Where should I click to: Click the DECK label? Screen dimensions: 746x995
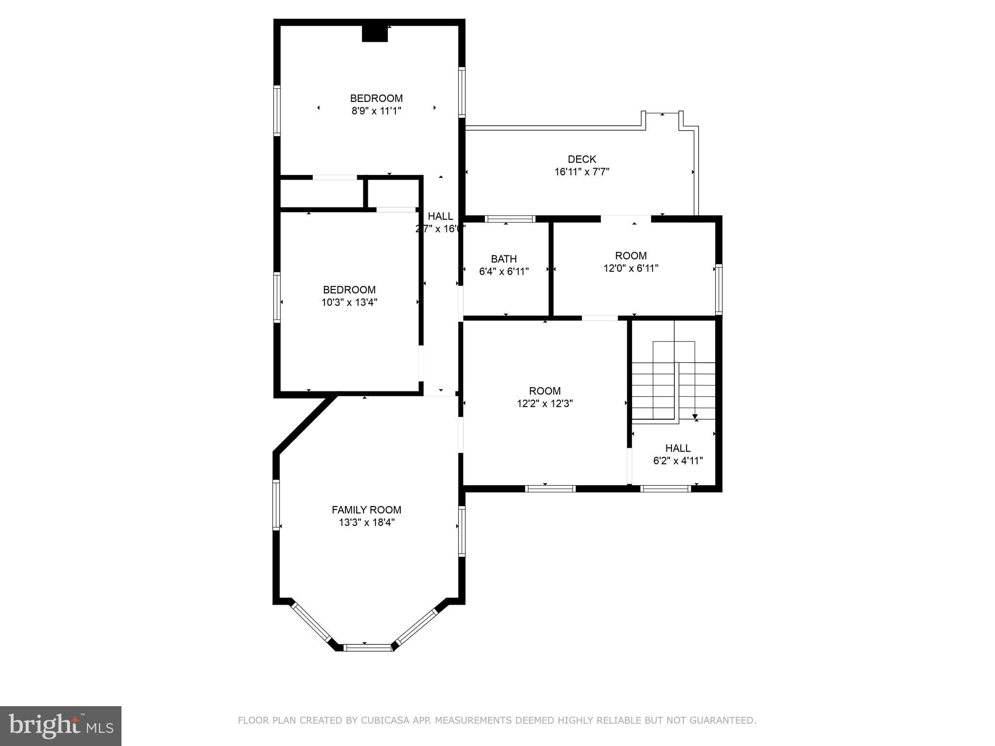tap(582, 159)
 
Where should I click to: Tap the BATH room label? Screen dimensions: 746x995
tap(503, 259)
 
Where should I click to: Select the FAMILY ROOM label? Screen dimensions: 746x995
tap(366, 510)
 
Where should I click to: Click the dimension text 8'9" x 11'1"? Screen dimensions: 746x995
tap(376, 111)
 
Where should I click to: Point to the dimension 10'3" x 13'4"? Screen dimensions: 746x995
tap(349, 303)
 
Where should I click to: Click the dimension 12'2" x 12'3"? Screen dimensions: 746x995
tap(545, 404)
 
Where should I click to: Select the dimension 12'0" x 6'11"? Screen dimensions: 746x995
tap(631, 268)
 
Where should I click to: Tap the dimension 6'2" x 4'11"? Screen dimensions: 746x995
tap(678, 461)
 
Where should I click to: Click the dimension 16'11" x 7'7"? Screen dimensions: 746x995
tap(582, 172)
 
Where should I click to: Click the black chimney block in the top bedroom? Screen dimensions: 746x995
tap(375, 34)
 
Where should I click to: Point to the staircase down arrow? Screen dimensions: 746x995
tap(695, 416)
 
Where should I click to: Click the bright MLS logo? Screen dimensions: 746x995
tap(61, 726)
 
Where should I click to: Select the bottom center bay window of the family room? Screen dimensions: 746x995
tap(367, 647)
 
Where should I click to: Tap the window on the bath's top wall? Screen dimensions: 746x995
tap(511, 219)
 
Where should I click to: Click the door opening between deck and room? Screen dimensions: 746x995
tap(625, 219)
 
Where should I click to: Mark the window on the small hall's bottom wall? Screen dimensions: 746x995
tap(665, 489)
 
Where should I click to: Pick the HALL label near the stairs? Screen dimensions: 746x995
tap(678, 448)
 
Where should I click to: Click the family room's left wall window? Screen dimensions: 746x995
tap(276, 504)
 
